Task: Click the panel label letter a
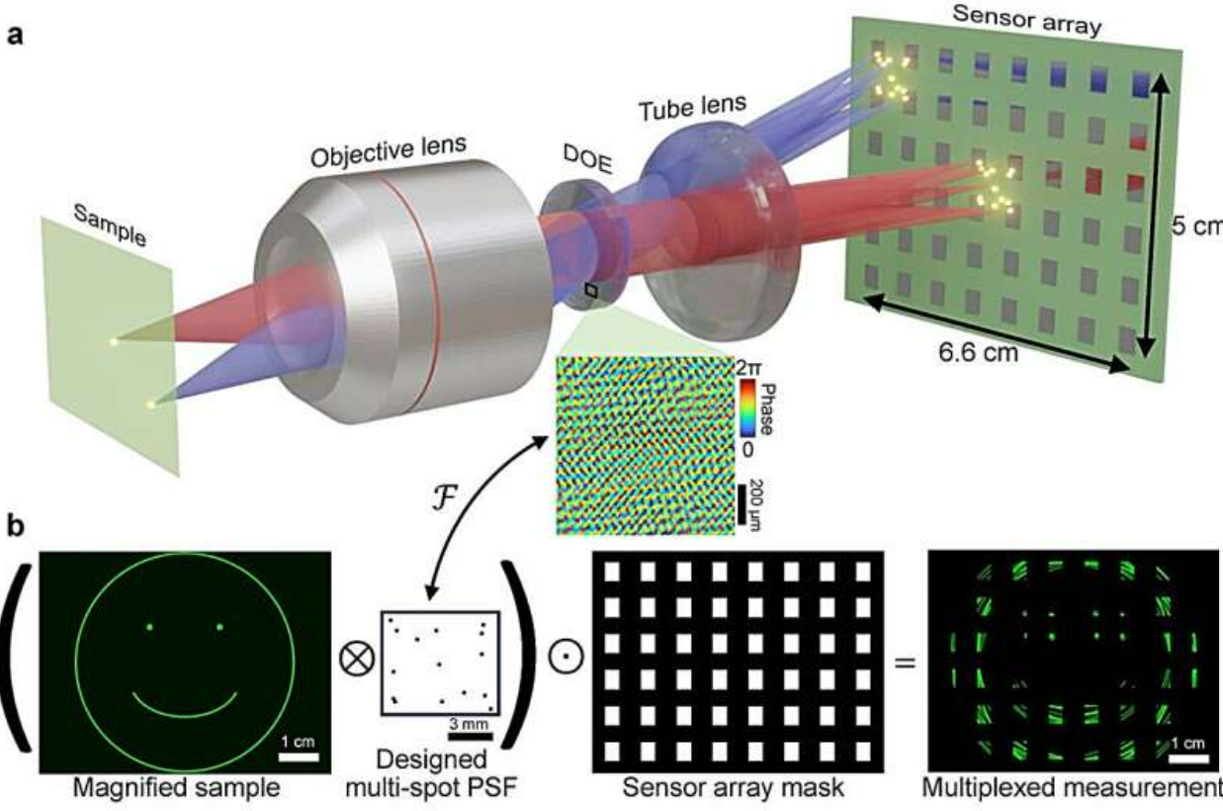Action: pyautogui.click(x=15, y=37)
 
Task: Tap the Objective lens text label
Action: pyautogui.click(x=389, y=151)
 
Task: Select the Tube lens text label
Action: pyautogui.click(x=692, y=108)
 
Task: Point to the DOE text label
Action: pyautogui.click(x=588, y=159)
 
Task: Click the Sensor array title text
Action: pyautogui.click(x=1026, y=20)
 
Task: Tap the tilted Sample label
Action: pyautogui.click(x=110, y=225)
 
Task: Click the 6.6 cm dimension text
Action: pyautogui.click(x=979, y=352)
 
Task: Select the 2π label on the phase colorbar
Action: pyautogui.click(x=747, y=368)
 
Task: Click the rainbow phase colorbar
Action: pyautogui.click(x=747, y=407)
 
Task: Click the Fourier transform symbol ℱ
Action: pyautogui.click(x=443, y=499)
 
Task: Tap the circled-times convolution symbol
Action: pyautogui.click(x=357, y=658)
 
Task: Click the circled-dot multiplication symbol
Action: pyautogui.click(x=567, y=656)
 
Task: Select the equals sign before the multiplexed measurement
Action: pyautogui.click(x=905, y=663)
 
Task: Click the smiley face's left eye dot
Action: pyautogui.click(x=149, y=627)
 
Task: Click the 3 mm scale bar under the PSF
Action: pyautogui.click(x=470, y=736)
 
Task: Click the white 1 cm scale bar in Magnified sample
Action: pyautogui.click(x=299, y=758)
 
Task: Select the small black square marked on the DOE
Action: pyautogui.click(x=591, y=290)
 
